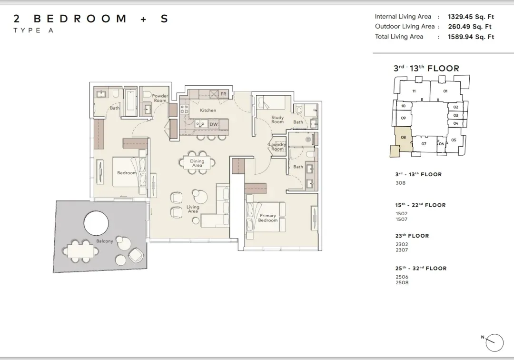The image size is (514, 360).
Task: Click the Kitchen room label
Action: (208, 110)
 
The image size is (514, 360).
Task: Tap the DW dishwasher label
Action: (213, 124)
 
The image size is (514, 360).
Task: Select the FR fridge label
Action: (223, 94)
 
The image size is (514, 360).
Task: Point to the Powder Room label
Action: (160, 98)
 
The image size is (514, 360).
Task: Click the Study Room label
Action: (277, 120)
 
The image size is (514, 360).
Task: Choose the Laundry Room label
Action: (277, 147)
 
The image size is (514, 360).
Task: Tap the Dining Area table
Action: (197, 163)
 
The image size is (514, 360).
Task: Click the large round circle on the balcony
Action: (96, 223)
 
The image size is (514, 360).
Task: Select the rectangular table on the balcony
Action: (80, 251)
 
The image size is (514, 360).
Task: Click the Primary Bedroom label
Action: (268, 218)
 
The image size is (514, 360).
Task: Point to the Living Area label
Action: (193, 209)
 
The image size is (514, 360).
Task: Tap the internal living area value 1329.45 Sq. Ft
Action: (471, 17)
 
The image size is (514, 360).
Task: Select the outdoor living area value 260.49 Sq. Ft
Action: (470, 27)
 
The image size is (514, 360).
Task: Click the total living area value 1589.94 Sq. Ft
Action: (471, 37)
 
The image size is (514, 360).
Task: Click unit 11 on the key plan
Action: (414, 91)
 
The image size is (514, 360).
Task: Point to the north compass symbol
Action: (494, 343)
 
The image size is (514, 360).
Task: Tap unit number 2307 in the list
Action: (402, 250)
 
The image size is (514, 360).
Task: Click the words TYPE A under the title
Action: (33, 30)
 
